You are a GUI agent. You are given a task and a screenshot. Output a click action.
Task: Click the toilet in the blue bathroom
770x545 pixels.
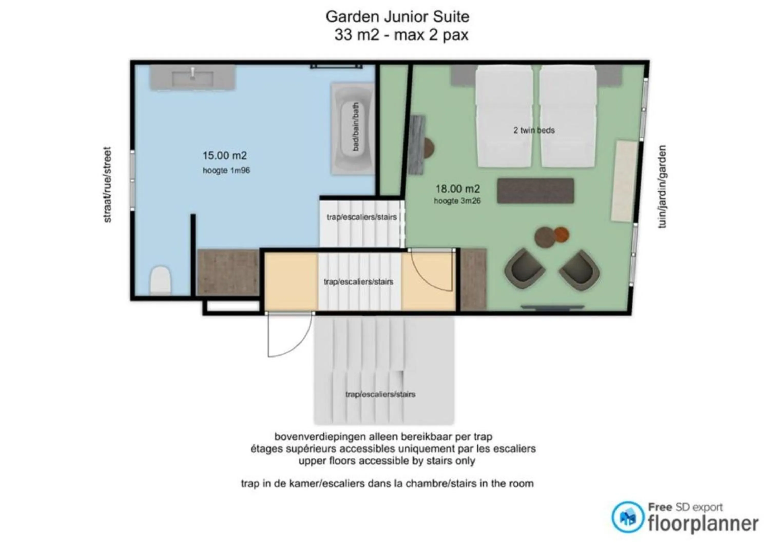[161, 280]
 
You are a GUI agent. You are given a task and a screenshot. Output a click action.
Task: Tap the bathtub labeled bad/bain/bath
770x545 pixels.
[353, 129]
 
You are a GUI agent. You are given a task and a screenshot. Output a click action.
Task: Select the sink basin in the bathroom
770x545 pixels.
[192, 78]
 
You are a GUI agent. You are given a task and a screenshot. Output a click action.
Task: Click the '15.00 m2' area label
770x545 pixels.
[225, 155]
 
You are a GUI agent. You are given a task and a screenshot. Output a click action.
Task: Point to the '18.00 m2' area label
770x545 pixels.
[457, 189]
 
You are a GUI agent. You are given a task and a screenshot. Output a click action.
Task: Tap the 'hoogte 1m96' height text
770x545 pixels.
[226, 171]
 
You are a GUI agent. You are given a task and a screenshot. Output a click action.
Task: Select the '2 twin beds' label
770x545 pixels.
[534, 130]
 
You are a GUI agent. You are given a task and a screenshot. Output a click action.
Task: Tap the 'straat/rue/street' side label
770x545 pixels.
[107, 185]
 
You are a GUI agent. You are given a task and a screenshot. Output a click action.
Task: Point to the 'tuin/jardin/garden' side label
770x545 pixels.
[662, 186]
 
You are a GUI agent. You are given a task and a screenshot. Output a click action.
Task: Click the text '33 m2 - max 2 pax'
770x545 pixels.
[401, 35]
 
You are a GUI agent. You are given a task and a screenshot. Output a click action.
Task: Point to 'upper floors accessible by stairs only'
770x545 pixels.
[387, 461]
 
